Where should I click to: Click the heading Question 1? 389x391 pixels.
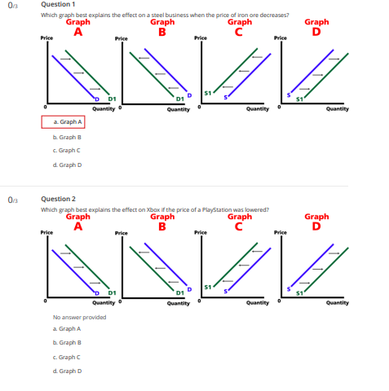[x=58, y=4]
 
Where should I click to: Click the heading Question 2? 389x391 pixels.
[x=58, y=199]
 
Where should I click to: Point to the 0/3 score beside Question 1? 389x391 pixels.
[x=11, y=5]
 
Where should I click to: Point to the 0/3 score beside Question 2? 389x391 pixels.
[x=11, y=199]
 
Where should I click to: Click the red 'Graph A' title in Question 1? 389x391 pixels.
[x=77, y=28]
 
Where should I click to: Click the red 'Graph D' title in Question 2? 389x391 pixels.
[x=316, y=222]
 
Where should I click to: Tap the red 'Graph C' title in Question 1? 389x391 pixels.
[x=239, y=28]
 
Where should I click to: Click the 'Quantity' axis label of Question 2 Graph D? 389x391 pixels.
[x=337, y=302]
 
